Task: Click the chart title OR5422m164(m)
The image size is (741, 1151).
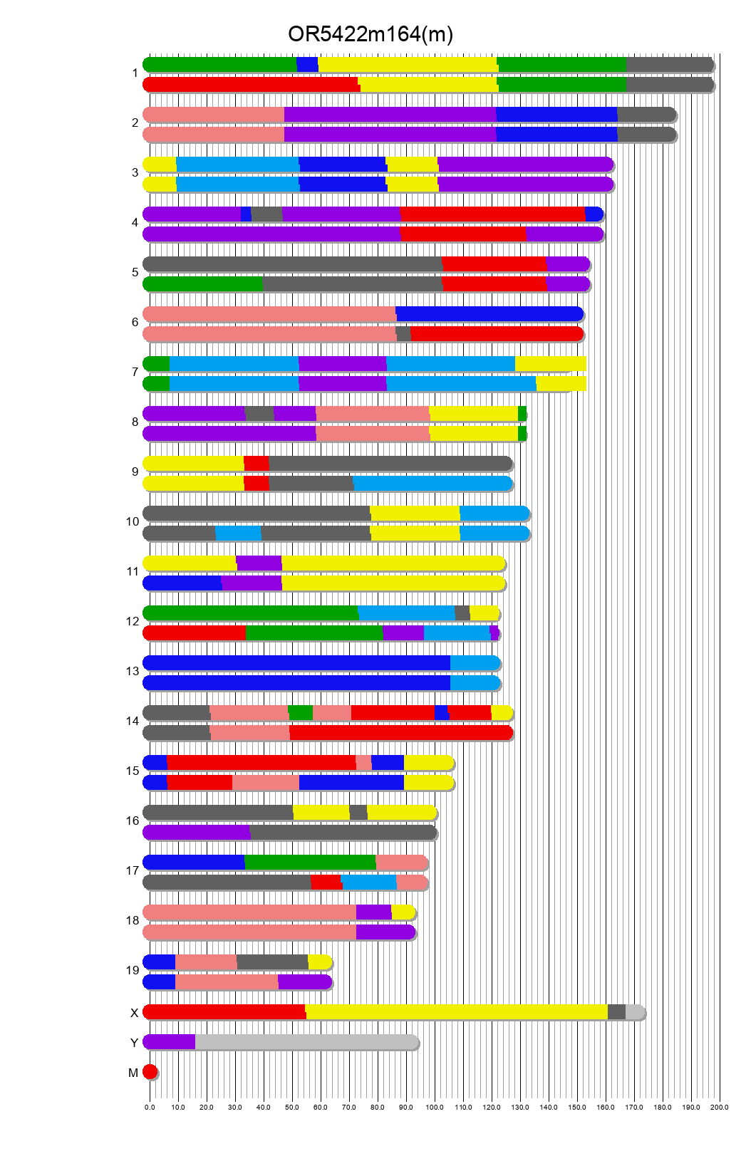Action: click(370, 34)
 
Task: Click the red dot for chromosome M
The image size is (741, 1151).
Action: click(150, 1072)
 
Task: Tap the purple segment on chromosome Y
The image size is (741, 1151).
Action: click(170, 1042)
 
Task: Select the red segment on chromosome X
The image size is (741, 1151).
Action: click(224, 1012)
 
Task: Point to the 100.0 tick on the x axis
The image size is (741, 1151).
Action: click(435, 1108)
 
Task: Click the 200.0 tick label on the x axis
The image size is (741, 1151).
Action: click(719, 1108)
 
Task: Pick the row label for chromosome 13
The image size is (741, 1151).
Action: click(133, 671)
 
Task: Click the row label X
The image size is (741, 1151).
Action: click(134, 1013)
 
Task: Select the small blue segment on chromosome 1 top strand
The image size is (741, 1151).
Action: click(307, 65)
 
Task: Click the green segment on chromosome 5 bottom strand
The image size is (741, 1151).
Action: click(203, 284)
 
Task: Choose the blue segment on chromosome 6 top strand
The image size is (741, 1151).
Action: click(489, 314)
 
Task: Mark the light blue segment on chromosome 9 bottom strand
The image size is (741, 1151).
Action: click(432, 484)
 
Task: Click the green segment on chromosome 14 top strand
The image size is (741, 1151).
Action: click(301, 713)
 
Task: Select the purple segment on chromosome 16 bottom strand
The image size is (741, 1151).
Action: click(197, 833)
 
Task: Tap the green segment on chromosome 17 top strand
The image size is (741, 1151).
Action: click(310, 863)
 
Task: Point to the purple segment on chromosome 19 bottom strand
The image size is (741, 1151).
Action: click(304, 982)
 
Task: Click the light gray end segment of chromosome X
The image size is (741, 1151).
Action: click(634, 1012)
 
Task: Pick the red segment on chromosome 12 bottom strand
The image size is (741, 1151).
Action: click(195, 633)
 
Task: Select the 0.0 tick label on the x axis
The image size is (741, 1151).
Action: click(150, 1108)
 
